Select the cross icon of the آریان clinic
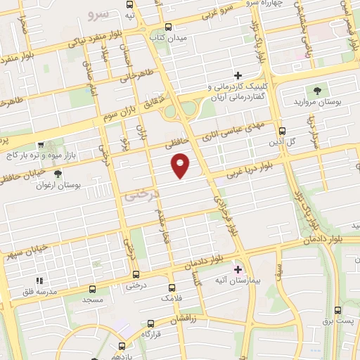tap(238, 75)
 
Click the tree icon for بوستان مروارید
tap(316, 90)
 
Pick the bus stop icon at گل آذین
tap(283, 131)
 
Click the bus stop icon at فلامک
tap(172, 288)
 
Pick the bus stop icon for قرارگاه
tap(149, 325)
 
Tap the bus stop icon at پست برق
tap(337, 310)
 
